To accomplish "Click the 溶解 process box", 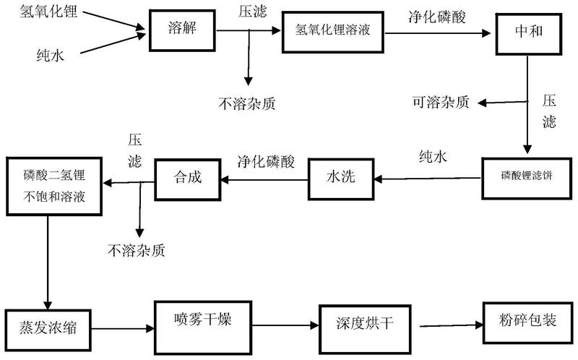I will (x=181, y=30).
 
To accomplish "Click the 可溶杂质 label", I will (x=440, y=103).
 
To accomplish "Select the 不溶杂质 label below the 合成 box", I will (x=136, y=251).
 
